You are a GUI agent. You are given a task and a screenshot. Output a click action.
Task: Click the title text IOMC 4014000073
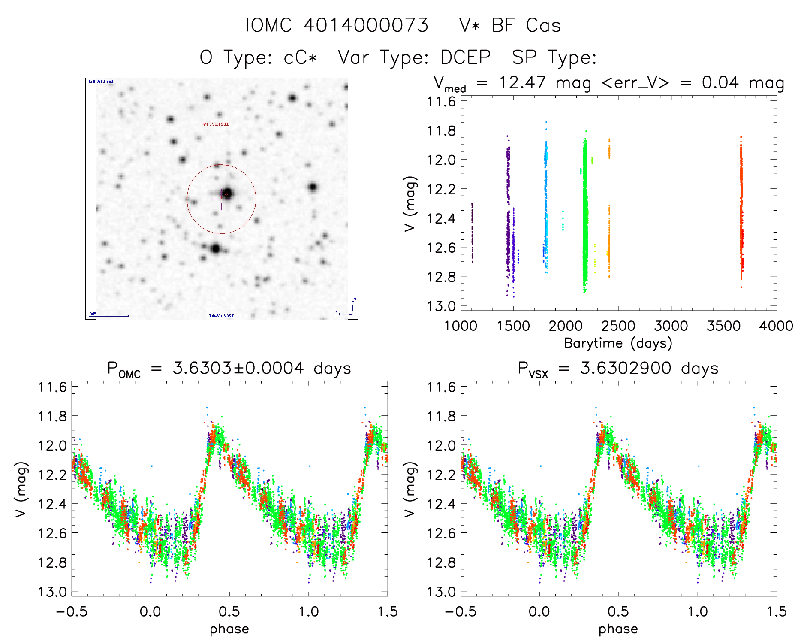pyautogui.click(x=337, y=25)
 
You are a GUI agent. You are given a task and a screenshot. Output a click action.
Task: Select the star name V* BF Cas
pyautogui.click(x=509, y=25)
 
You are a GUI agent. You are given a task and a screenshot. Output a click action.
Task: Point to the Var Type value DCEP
pyautogui.click(x=465, y=57)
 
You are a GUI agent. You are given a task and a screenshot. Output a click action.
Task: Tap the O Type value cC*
pyautogui.click(x=300, y=57)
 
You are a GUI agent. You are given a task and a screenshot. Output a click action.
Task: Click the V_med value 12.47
pyautogui.click(x=522, y=82)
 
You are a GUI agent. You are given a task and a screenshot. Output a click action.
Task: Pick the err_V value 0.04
pyautogui.click(x=720, y=82)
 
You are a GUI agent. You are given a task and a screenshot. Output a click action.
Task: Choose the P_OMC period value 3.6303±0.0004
pyautogui.click(x=238, y=368)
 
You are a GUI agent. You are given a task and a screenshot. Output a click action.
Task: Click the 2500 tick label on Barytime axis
pyautogui.click(x=618, y=326)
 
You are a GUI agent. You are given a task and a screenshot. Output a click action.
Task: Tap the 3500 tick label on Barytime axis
pyautogui.click(x=723, y=326)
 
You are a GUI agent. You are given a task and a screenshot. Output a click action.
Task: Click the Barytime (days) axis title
pyautogui.click(x=618, y=343)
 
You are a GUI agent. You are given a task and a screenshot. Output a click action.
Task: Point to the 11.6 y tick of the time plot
pyautogui.click(x=441, y=102)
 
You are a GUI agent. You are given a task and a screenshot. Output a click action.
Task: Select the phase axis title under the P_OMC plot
pyautogui.click(x=229, y=629)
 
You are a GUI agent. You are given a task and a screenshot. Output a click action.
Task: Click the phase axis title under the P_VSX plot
pyautogui.click(x=618, y=629)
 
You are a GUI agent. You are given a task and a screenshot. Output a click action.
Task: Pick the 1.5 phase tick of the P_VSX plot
pyautogui.click(x=776, y=611)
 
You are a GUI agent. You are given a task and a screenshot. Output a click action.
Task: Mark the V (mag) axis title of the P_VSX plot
pyautogui.click(x=410, y=489)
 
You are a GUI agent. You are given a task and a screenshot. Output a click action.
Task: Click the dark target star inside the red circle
pyautogui.click(x=227, y=194)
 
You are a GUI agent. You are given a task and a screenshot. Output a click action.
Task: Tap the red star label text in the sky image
pyautogui.click(x=215, y=124)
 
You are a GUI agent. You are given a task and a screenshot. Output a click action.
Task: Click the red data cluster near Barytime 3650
pyautogui.click(x=741, y=215)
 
